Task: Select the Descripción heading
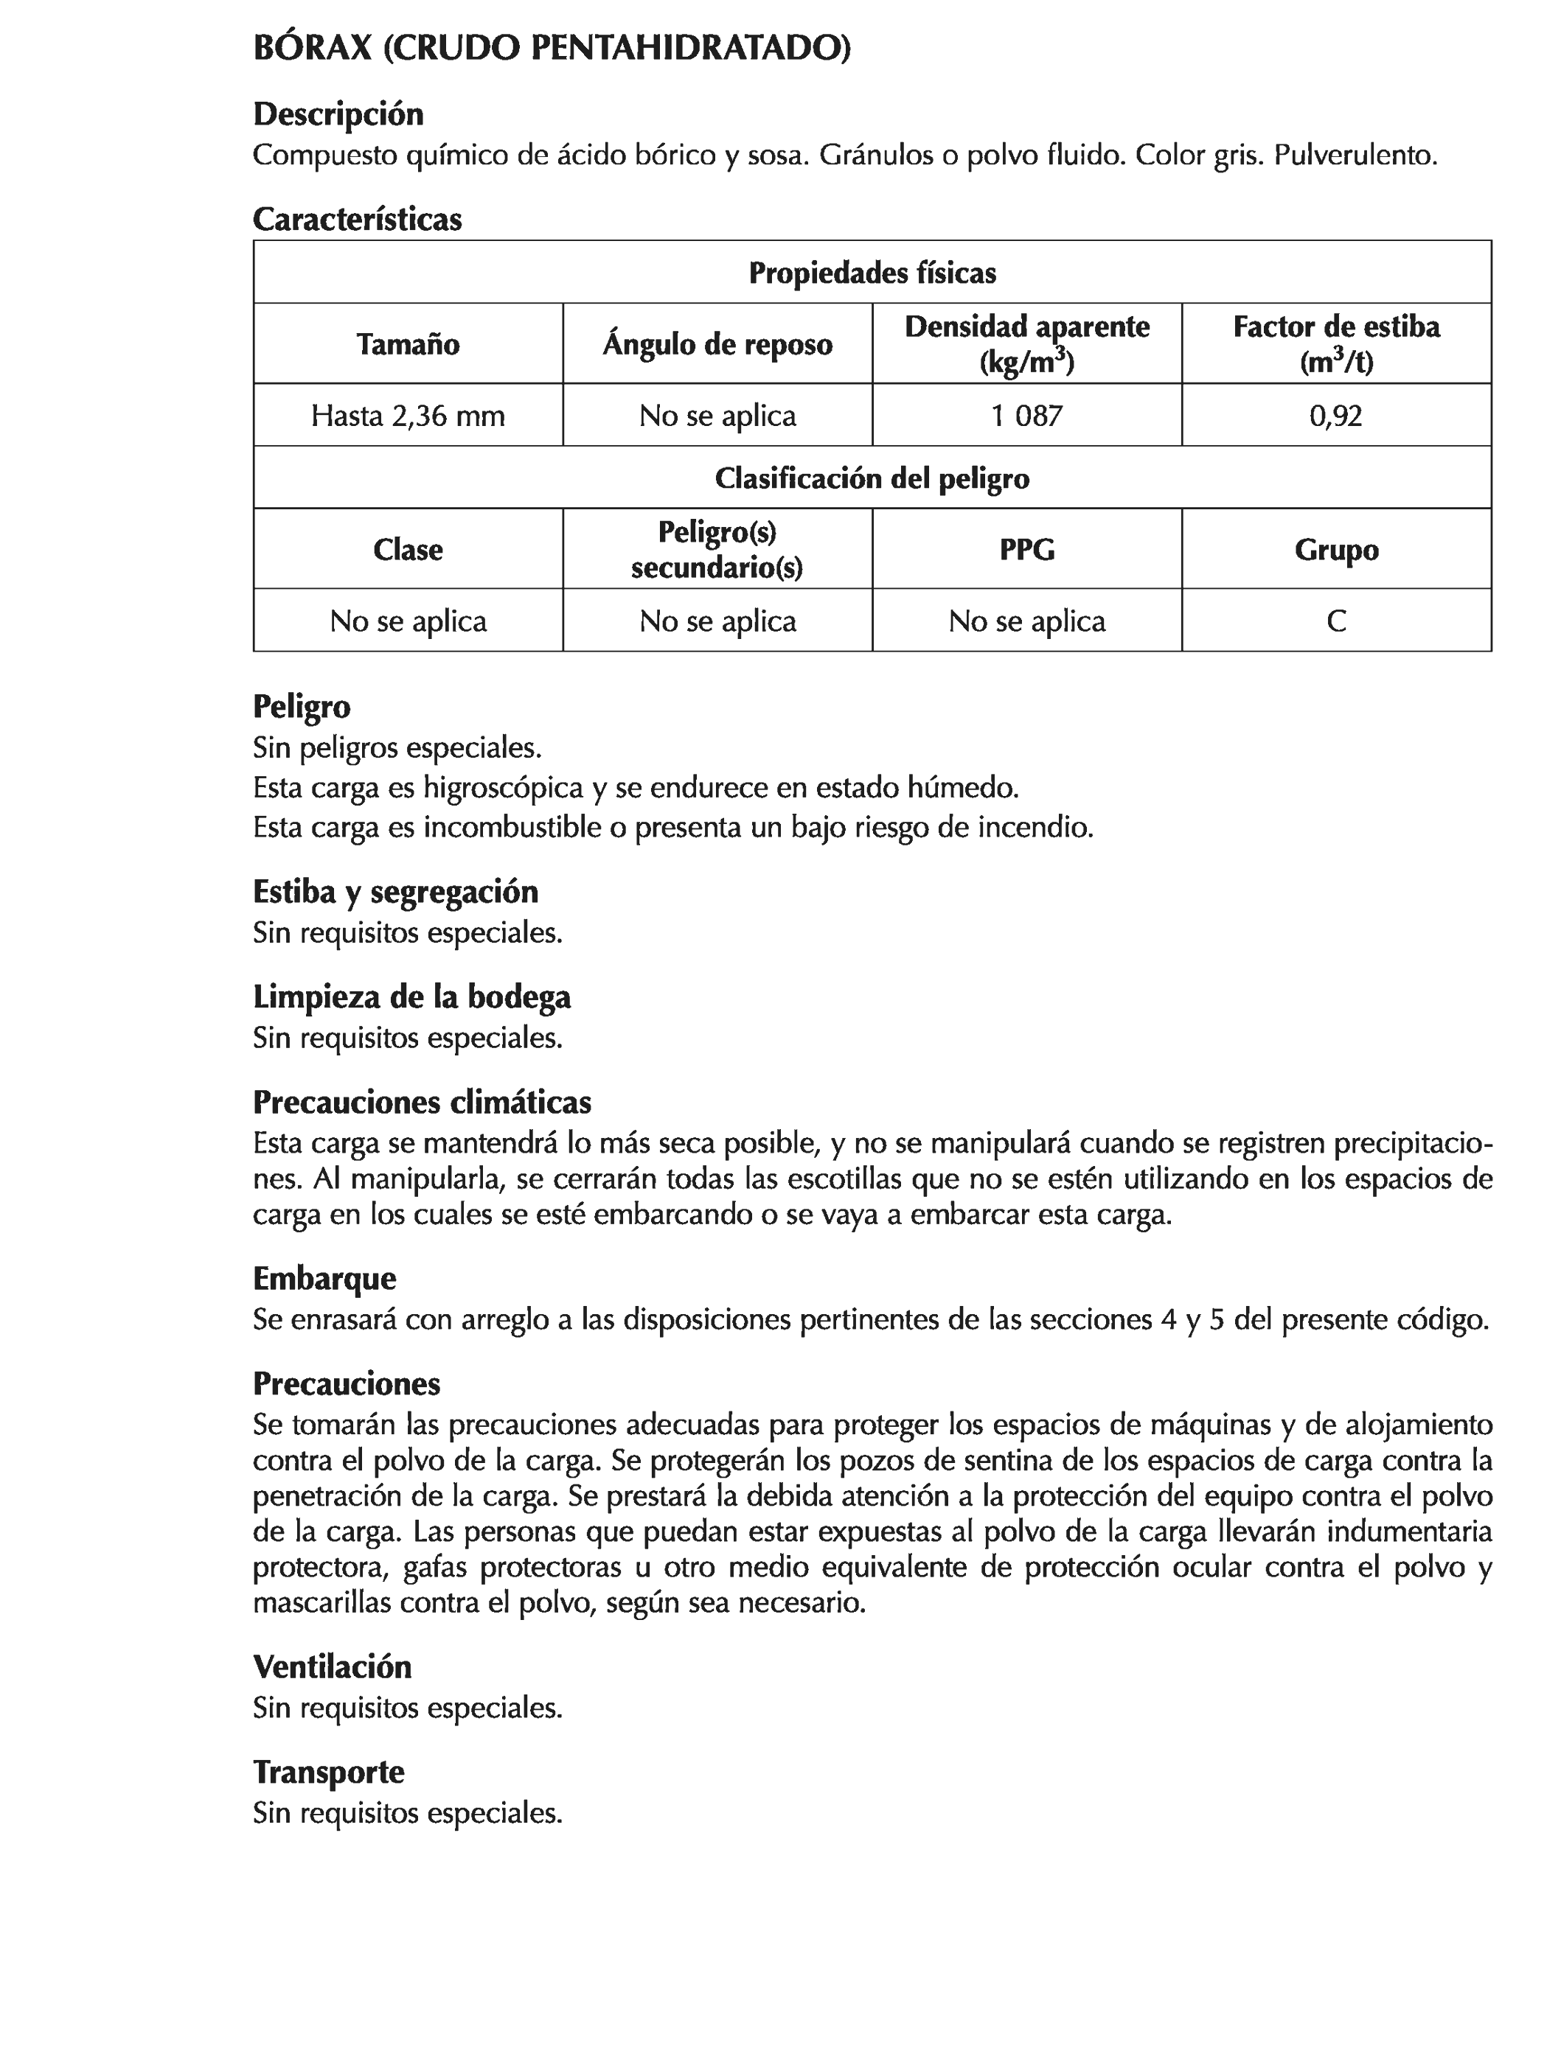pos(338,114)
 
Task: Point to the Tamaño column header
pos(408,344)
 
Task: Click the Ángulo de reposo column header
pos(717,344)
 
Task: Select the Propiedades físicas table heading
pos(872,273)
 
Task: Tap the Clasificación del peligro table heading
pos(872,478)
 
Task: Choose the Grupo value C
pos(1335,621)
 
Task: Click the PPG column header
pos(1026,550)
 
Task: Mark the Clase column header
pos(408,550)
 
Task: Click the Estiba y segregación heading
pos(395,892)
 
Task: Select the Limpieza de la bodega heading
pos(411,996)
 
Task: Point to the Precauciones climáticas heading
pos(422,1103)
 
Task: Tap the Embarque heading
pos(324,1279)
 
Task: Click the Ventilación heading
pos(332,1667)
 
